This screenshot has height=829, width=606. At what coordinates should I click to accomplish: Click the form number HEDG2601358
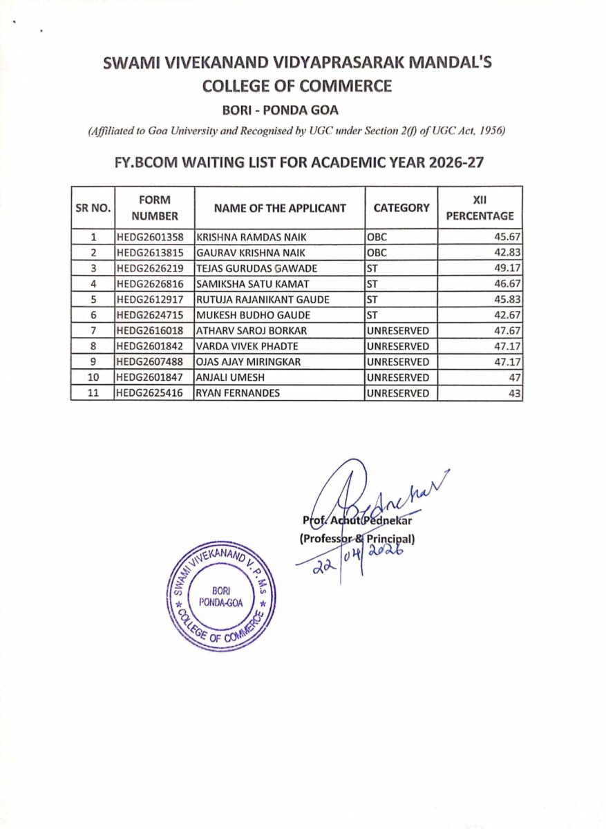pos(150,237)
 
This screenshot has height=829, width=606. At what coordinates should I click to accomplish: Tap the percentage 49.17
pos(506,268)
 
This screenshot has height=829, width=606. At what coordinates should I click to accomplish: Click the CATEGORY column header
pos(401,207)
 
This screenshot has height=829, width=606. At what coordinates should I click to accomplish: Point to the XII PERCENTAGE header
pos(480,207)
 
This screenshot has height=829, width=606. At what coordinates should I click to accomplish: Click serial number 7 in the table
pos(92,331)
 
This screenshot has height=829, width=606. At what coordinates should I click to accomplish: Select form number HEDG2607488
pos(150,362)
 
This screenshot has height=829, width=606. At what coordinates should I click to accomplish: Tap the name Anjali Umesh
pos(225,378)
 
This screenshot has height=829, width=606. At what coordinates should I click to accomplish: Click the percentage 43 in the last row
pos(514,394)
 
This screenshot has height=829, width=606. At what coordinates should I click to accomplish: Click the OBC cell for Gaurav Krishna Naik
pos(376,253)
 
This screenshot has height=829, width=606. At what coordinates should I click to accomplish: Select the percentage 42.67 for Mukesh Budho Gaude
pos(506,315)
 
